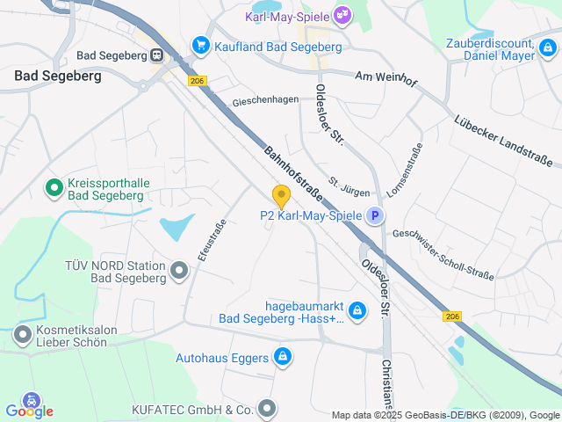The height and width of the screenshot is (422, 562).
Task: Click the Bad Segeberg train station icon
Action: point(156,55)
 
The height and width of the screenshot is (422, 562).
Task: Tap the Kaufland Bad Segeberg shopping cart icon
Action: point(201,43)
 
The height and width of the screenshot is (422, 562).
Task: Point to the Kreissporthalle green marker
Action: point(53,187)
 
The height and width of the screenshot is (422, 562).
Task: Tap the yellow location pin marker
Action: point(281,196)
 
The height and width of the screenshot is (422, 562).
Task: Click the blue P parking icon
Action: point(375,215)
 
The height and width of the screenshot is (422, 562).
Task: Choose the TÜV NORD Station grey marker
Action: point(179,271)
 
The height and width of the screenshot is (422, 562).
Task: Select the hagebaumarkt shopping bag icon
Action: point(357,310)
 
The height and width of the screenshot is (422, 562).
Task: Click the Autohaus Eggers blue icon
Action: point(283,357)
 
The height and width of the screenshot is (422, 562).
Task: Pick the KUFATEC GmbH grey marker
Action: point(268,409)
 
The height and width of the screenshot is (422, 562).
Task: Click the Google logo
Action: point(29,411)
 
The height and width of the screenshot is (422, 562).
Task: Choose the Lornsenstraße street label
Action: point(405,169)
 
